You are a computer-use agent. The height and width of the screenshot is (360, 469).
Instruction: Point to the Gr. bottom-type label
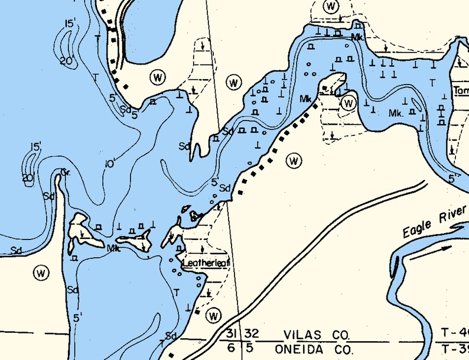click(66, 173)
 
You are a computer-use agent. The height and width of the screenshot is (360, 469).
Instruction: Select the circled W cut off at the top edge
click(331, 6)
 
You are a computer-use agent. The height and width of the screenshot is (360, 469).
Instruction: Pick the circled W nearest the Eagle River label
click(294, 160)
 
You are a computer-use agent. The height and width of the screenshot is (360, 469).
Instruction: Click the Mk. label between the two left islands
click(113, 249)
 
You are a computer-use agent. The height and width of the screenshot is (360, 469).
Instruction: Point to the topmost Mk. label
click(356, 37)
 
